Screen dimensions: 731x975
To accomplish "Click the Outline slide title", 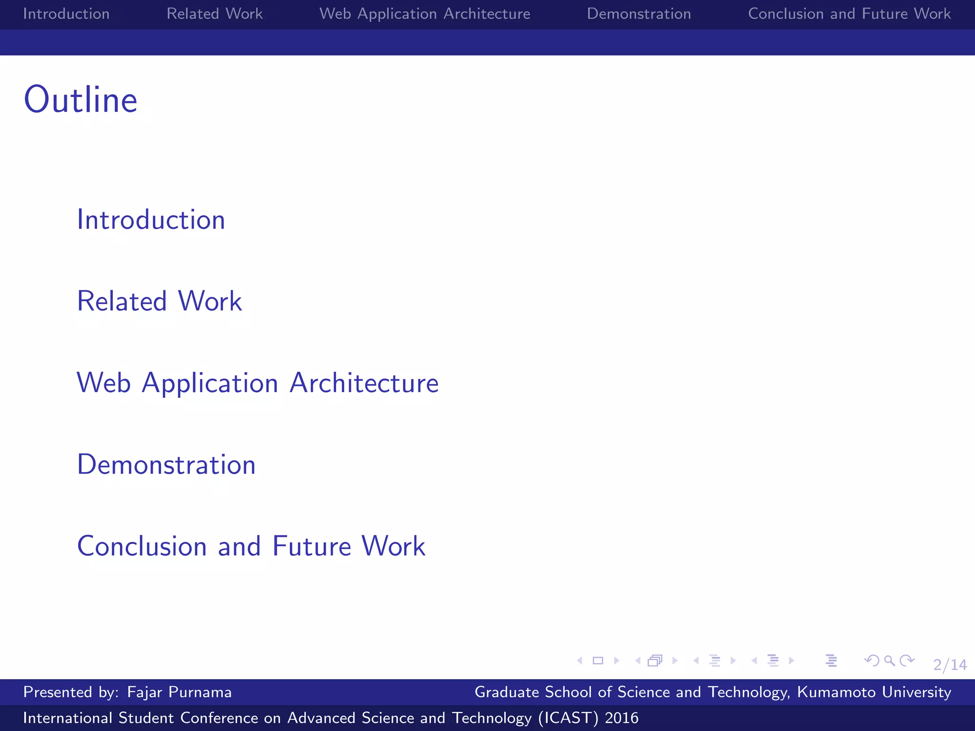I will point(80,100).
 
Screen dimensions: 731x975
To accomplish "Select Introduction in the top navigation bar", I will point(66,14).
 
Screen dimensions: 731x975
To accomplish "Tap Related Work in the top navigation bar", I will point(214,14).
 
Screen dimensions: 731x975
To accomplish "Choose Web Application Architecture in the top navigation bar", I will point(425,14).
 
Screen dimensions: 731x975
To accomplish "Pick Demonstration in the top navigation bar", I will point(639,14).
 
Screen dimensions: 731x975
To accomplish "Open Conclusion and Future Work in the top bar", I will point(849,14).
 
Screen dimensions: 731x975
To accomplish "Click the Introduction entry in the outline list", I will point(151,220).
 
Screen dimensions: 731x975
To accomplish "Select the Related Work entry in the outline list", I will point(159,301).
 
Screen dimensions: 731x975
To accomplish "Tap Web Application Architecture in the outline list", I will point(258,383).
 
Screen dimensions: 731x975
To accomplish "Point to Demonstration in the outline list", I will point(166,464).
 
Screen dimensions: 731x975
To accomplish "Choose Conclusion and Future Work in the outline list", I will point(251,546).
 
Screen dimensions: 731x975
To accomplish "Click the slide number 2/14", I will point(950,664).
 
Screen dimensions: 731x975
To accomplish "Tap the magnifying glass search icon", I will point(889,661).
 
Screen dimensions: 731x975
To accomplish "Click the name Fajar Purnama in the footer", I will point(179,692).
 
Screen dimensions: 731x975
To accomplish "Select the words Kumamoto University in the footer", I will point(874,692).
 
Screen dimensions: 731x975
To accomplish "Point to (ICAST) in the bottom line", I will point(568,718).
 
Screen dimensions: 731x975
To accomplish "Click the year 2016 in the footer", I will point(621,718).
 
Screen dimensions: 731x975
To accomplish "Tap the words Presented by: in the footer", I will point(71,692).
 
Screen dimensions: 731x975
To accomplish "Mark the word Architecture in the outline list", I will point(364,383).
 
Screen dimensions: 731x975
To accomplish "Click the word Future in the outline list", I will point(311,546).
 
